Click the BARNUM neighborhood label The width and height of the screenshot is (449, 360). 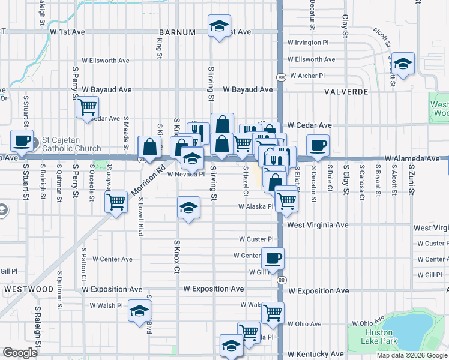point(177,32)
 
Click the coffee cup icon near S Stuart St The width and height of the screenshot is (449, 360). point(22,141)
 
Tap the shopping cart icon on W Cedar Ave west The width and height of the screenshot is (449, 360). point(88,107)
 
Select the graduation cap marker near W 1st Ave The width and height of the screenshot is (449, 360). point(219,26)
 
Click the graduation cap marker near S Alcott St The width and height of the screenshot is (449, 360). point(404,63)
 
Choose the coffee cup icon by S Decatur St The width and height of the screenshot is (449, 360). point(318,145)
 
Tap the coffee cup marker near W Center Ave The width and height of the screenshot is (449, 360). point(273,258)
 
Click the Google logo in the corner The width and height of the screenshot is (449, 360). point(20,352)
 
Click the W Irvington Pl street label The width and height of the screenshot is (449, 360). point(308,43)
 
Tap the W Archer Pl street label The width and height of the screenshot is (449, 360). point(307,76)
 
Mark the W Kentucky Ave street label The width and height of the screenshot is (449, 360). point(316,354)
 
